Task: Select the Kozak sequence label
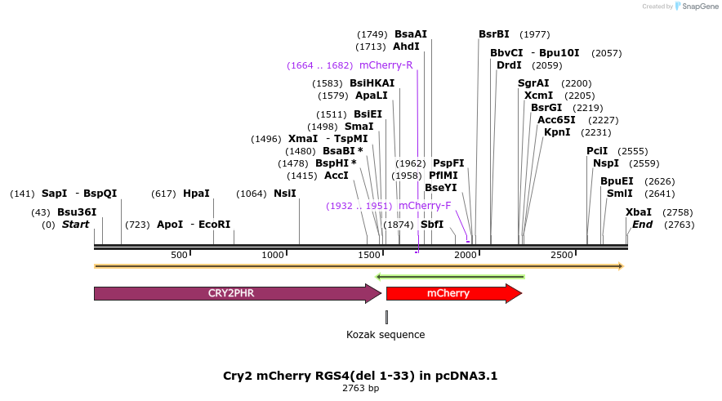386,335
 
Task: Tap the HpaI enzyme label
196,194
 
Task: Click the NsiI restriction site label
284,194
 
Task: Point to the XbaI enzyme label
638,212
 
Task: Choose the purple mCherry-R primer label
386,65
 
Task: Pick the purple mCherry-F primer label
425,206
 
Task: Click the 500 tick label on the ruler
180,256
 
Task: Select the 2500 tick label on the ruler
562,256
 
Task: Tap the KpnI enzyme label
557,132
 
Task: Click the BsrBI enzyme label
493,34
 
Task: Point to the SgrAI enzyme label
533,83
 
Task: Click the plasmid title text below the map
360,376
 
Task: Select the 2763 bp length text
360,389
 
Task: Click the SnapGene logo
696,7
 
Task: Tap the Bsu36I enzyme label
77,212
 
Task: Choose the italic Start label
75,225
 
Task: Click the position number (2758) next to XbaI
677,212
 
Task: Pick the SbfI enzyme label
431,225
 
